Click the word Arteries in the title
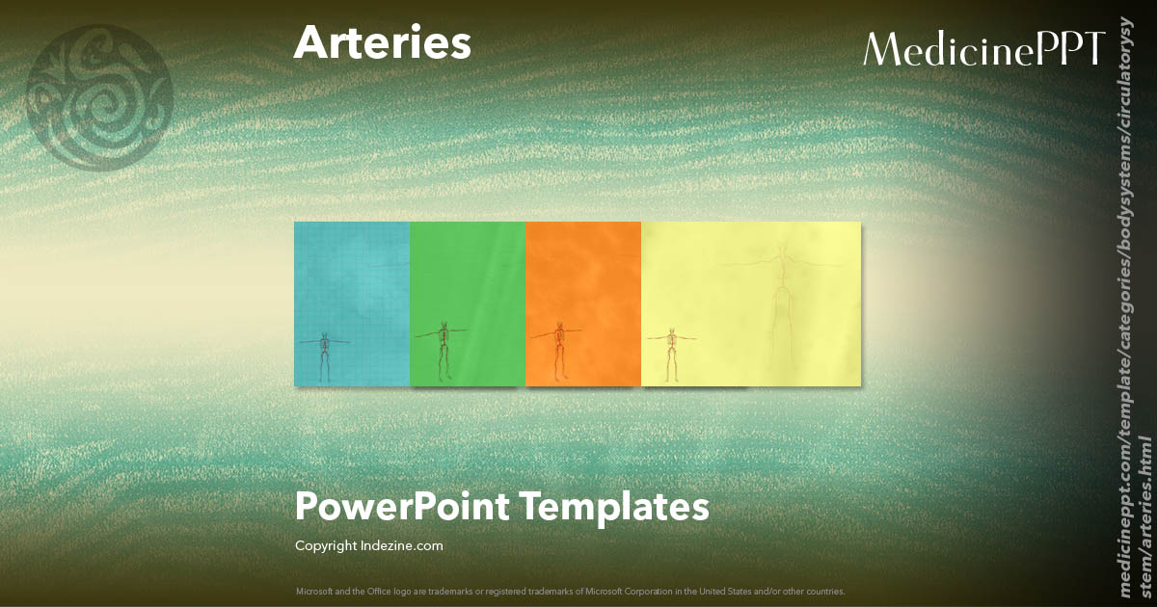click(x=382, y=43)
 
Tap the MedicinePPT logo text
click(x=982, y=49)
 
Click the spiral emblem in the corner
click(x=98, y=96)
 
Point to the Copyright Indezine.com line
click(x=368, y=546)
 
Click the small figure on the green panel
click(x=443, y=349)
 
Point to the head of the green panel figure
click(x=443, y=324)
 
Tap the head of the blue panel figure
click(x=325, y=334)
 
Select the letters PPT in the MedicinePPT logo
click(x=1069, y=49)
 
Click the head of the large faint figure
click(x=781, y=250)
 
